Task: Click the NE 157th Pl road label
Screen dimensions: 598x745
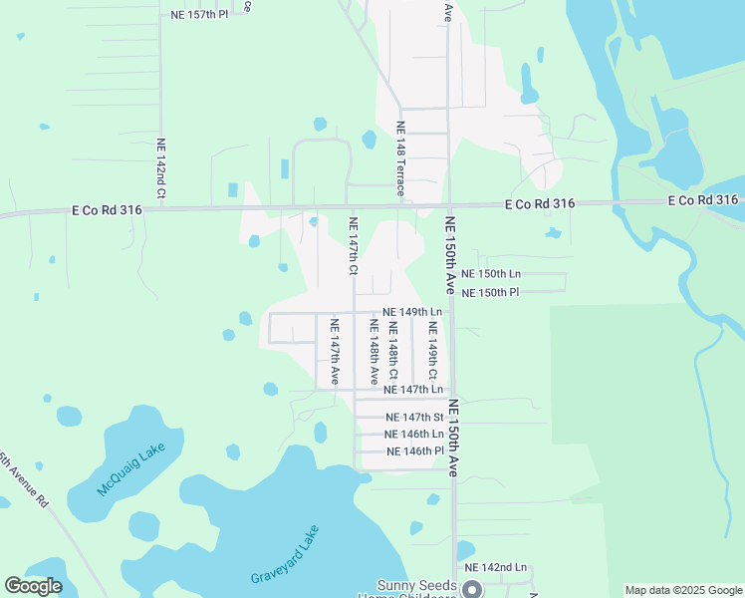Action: tap(199, 15)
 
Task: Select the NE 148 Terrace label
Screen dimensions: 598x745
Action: tap(400, 157)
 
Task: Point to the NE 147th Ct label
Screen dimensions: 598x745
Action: tap(353, 245)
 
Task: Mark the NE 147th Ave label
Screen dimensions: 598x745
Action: tap(335, 352)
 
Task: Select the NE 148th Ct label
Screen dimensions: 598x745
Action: tap(392, 350)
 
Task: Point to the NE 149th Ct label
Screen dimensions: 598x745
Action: tap(432, 350)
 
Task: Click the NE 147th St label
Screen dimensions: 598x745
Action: tap(413, 418)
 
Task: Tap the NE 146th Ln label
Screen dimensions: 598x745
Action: tap(413, 435)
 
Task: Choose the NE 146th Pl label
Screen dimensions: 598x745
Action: tap(413, 451)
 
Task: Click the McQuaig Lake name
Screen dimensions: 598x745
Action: tap(130, 470)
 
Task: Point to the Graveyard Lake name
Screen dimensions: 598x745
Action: tap(285, 555)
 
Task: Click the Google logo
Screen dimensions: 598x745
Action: tap(34, 587)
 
